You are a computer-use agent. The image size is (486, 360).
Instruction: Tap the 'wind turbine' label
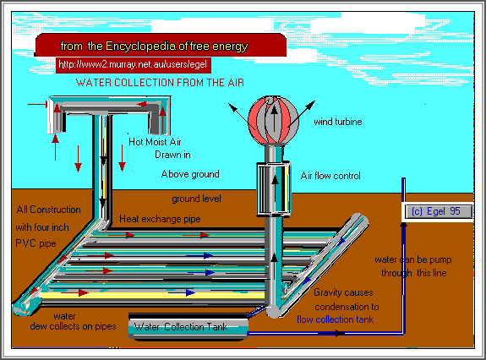[x=338, y=122]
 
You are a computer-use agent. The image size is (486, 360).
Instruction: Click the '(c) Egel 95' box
[x=434, y=210]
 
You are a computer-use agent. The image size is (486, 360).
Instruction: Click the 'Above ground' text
[x=190, y=174]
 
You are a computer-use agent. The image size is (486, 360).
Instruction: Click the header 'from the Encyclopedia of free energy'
[x=154, y=46]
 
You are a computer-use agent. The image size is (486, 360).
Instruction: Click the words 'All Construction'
[x=48, y=210]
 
